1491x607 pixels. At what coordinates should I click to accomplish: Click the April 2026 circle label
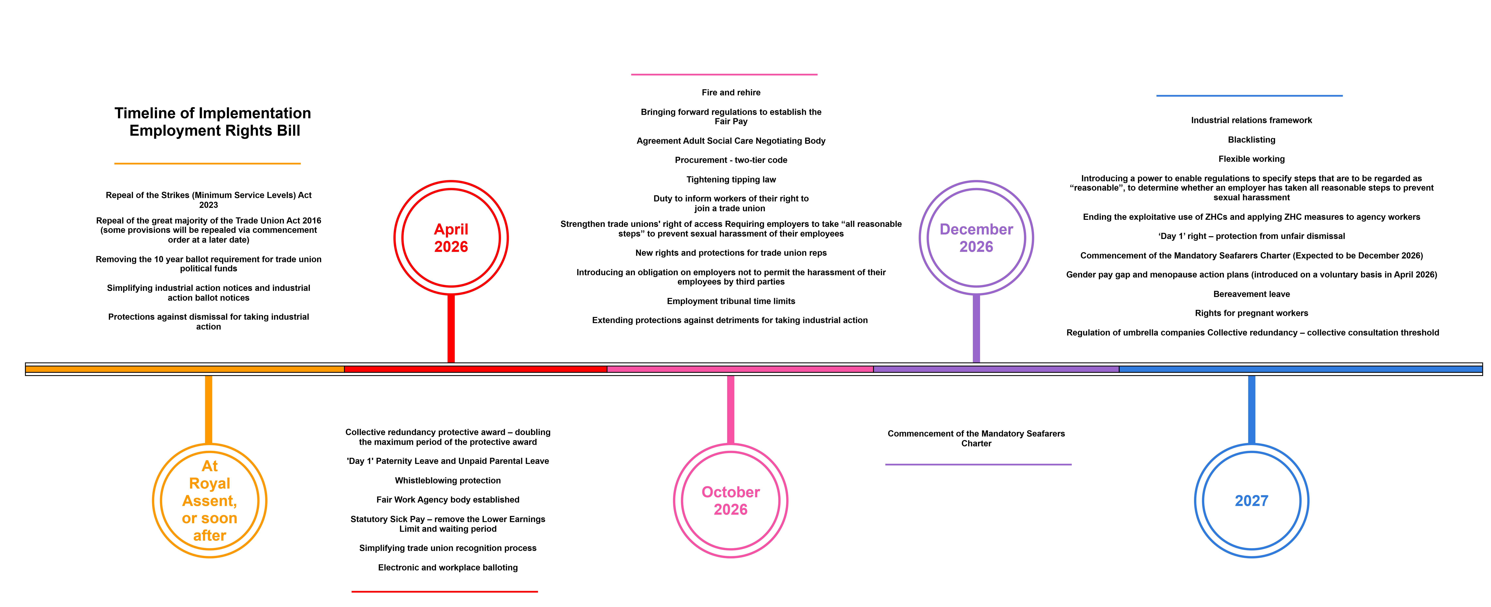point(451,238)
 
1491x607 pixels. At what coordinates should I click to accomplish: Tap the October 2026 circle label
point(730,501)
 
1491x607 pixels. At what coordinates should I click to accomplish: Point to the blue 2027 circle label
point(1251,501)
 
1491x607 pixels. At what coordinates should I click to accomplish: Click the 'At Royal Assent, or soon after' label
point(210,501)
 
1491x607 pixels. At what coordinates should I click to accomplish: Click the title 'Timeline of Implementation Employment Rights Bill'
point(213,122)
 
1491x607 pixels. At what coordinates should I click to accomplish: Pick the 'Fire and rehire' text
point(731,93)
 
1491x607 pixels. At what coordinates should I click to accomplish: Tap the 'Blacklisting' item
point(1251,140)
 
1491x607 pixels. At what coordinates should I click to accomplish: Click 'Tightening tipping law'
point(731,180)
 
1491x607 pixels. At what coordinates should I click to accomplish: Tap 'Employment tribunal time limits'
point(731,301)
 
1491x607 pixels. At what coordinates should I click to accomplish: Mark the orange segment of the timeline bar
point(185,369)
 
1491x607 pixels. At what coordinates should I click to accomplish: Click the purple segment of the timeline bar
point(996,369)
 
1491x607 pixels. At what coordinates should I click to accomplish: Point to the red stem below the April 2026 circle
point(451,328)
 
